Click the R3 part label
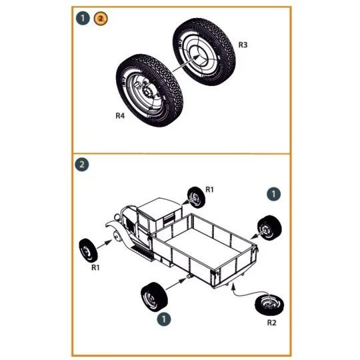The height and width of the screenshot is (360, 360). (243, 45)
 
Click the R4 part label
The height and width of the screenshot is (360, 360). (121, 115)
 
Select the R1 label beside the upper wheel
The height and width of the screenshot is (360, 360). (209, 190)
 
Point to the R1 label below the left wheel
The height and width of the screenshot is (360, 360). (95, 268)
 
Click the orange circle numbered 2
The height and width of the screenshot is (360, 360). (100, 19)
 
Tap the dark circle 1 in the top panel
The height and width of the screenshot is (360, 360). (83, 19)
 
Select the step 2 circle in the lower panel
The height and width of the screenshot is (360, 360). (83, 165)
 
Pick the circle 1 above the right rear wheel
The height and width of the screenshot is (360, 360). (274, 194)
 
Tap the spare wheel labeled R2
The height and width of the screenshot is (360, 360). (271, 307)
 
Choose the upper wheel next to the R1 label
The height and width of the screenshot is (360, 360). (194, 197)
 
